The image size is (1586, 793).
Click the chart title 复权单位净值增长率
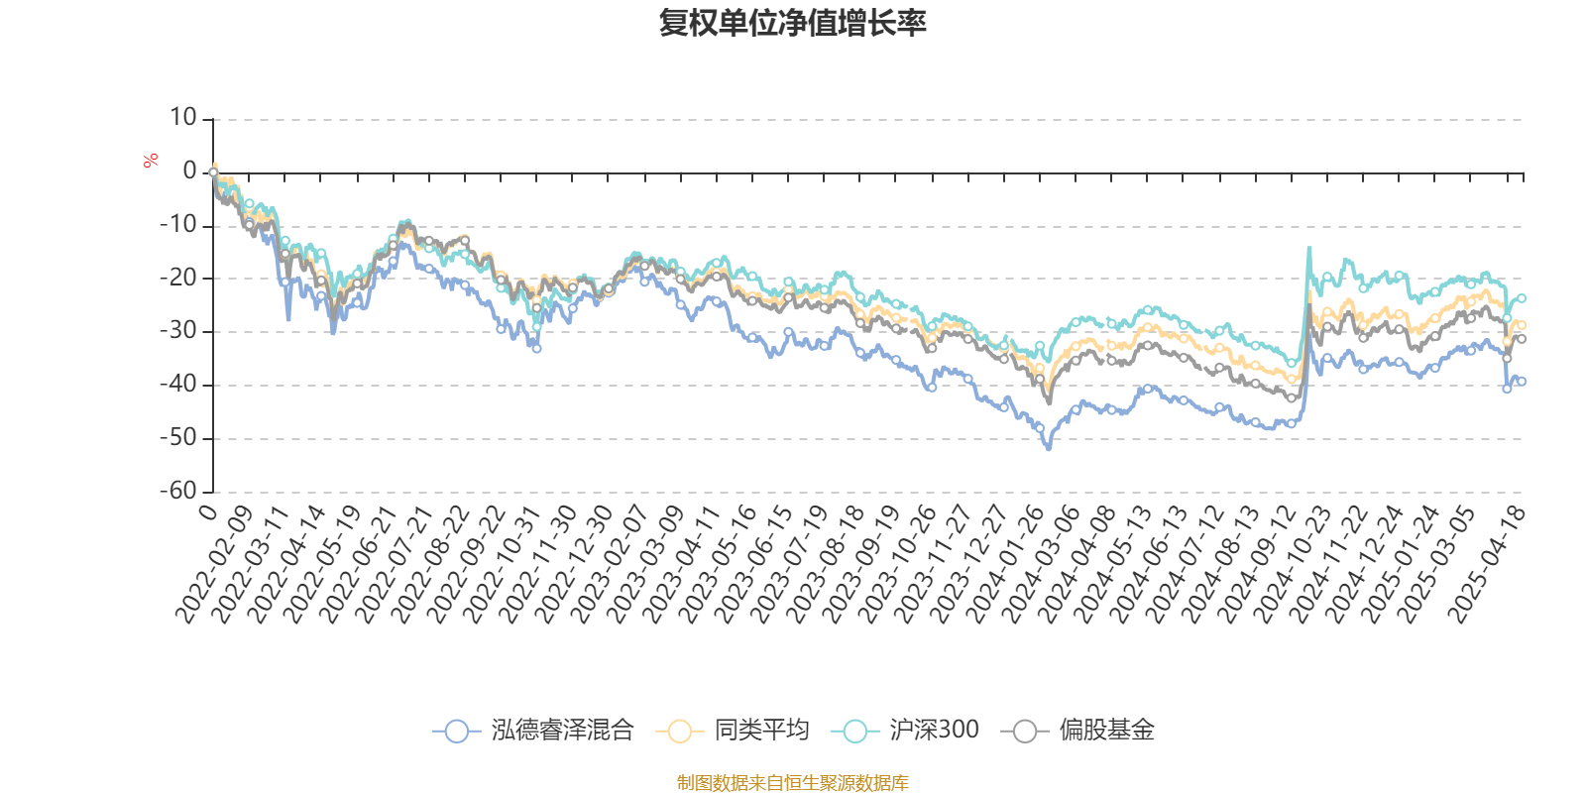click(792, 23)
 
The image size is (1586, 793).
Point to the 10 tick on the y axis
click(182, 118)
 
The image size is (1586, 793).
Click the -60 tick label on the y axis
click(178, 491)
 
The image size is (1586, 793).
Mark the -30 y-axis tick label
click(178, 331)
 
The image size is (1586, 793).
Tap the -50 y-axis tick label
click(178, 437)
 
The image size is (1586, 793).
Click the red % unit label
click(151, 160)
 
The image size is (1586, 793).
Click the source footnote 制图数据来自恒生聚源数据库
click(792, 783)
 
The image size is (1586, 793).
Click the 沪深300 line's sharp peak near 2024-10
click(1308, 248)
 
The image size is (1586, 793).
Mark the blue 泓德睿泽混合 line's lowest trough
click(1049, 449)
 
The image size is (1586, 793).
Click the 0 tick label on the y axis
click(189, 171)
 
